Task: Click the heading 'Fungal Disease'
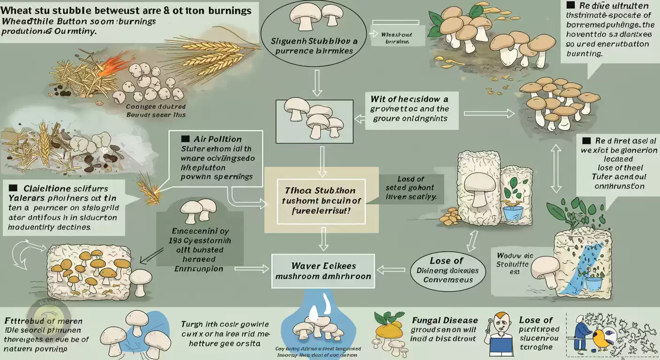(x=445, y=320)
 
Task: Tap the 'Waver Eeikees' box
(x=323, y=271)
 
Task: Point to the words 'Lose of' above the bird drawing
(x=536, y=320)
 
